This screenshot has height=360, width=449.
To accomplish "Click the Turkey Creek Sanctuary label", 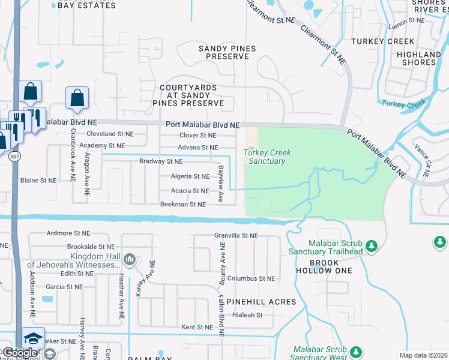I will click(x=267, y=157).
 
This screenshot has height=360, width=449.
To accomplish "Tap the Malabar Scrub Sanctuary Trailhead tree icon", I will click(x=372, y=246).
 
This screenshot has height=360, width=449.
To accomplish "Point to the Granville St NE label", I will click(x=236, y=236).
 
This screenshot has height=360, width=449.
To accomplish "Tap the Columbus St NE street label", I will click(x=251, y=278).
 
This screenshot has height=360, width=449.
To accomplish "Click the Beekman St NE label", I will click(x=183, y=205).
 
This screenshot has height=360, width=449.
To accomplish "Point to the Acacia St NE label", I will click(x=190, y=191).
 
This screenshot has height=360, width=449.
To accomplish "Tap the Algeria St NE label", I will click(x=190, y=176).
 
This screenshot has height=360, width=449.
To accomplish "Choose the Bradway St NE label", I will click(x=161, y=161).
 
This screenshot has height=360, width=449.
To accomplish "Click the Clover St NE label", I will click(x=197, y=136).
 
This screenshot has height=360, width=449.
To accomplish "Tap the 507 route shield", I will click(x=14, y=156).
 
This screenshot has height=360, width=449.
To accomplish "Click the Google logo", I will click(x=19, y=353).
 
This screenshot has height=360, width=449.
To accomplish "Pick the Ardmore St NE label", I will click(x=67, y=233).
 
